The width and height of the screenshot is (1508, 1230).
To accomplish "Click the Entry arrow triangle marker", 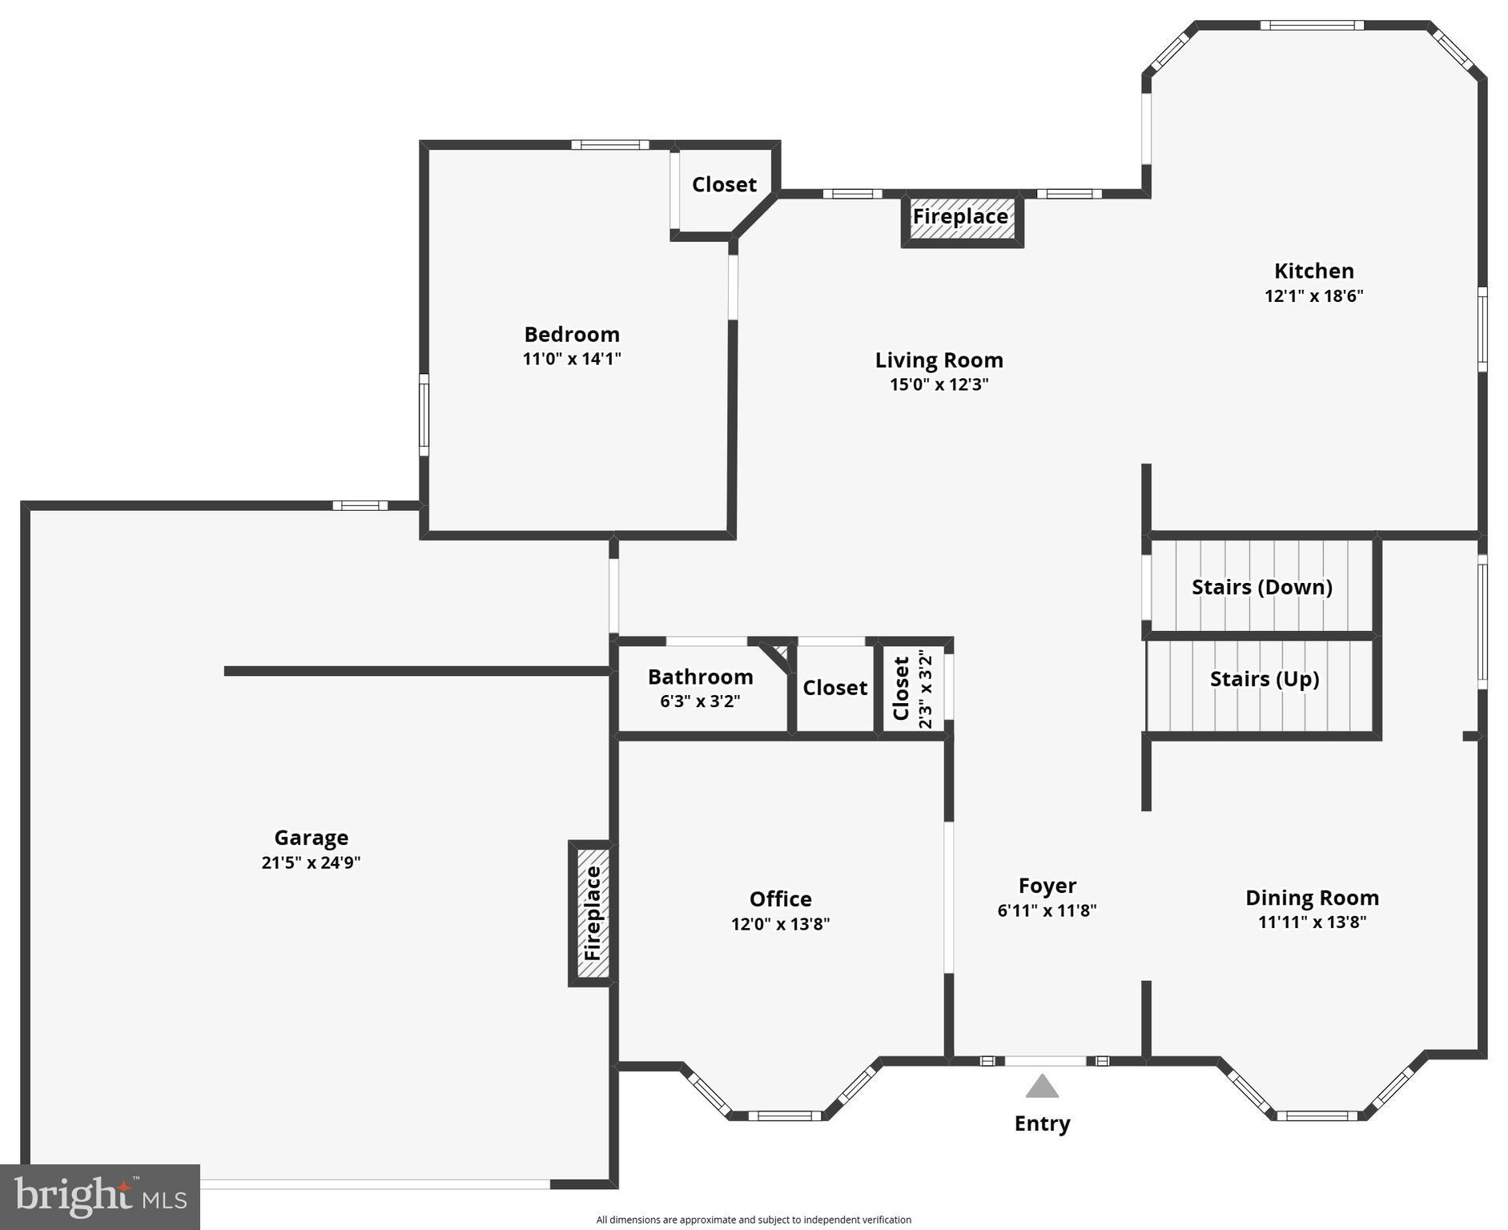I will [x=1042, y=1087].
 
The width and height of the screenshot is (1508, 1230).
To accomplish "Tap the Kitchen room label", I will [x=1313, y=271].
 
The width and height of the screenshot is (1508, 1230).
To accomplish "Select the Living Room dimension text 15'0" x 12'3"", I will [x=939, y=384].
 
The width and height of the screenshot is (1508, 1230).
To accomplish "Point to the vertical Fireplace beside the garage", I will [x=591, y=913].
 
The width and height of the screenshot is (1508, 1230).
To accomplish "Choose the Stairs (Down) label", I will [x=1261, y=587].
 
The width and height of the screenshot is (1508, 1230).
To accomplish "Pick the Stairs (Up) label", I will [x=1264, y=679].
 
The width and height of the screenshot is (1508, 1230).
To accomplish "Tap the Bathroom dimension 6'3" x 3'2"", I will [x=699, y=701].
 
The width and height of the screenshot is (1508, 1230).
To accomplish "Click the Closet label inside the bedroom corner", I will [x=724, y=185].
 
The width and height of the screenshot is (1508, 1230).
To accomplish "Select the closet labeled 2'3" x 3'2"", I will [x=913, y=689].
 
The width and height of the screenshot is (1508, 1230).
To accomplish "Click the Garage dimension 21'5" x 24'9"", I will [x=311, y=862].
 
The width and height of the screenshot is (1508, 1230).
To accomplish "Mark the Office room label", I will [x=780, y=898].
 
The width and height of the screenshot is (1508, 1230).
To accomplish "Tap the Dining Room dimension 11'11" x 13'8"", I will [x=1312, y=922].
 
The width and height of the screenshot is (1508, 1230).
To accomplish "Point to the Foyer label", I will [x=1047, y=886].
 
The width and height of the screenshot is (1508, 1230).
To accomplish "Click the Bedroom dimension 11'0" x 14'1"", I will [x=572, y=359].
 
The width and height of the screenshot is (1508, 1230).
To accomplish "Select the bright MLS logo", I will [x=100, y=1197].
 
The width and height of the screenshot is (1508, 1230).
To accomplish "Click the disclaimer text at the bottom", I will [x=753, y=1220].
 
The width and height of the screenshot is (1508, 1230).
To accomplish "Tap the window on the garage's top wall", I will [x=360, y=505].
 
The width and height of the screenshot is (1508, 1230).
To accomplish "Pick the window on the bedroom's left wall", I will [x=424, y=415].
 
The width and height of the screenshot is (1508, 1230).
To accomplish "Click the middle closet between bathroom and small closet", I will [x=834, y=688].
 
